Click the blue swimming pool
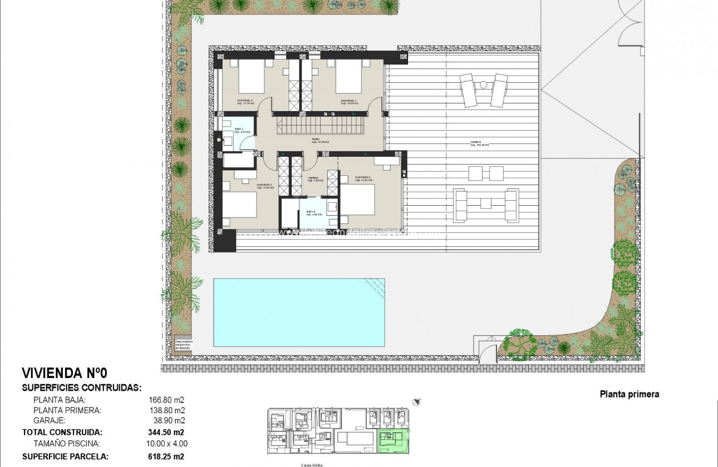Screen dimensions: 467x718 (299, 311)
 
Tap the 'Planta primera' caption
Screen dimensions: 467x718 (629, 394)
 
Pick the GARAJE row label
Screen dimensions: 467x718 (49, 421)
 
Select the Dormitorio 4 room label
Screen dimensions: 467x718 (243, 102)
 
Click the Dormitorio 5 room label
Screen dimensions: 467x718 (349, 102)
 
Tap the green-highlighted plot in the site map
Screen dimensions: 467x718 (394, 442)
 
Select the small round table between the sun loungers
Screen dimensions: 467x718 (483, 85)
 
